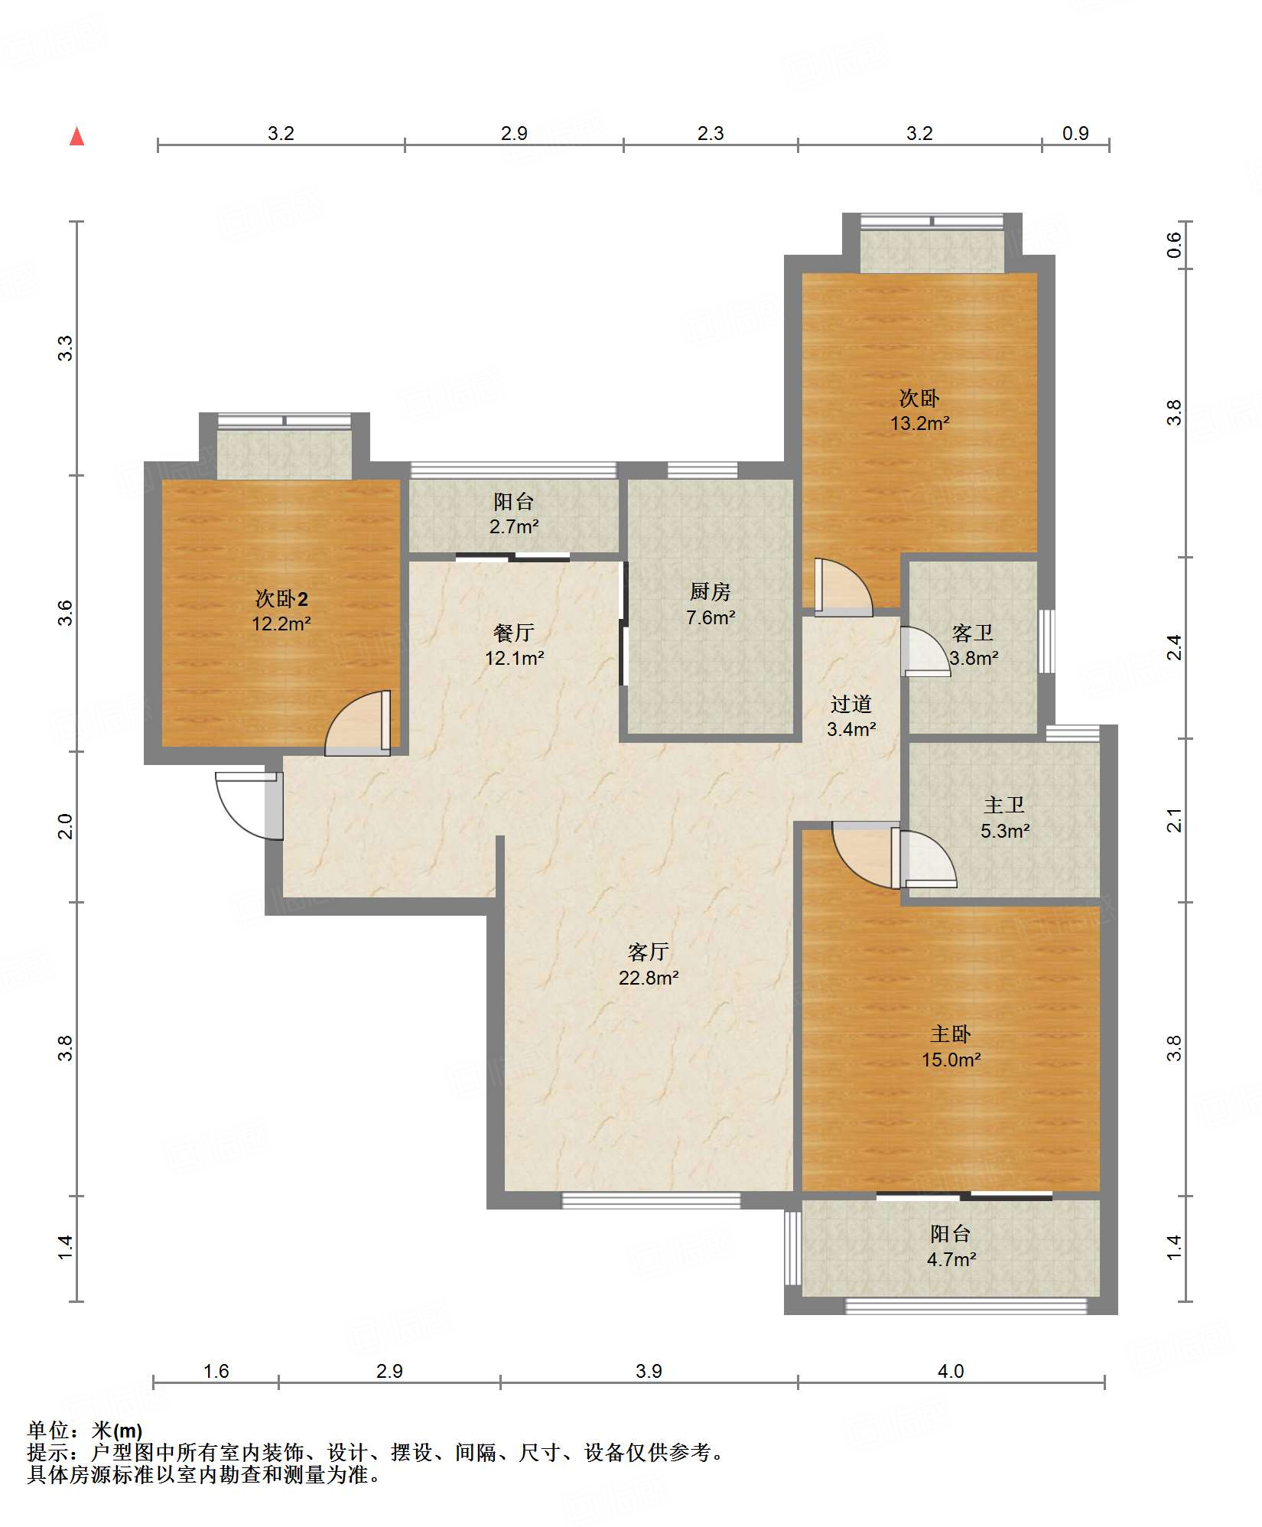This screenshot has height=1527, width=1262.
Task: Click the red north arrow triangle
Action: click(76, 136)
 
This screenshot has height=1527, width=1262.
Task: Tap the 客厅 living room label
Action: click(649, 952)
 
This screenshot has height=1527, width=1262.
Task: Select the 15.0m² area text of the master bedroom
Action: click(951, 1060)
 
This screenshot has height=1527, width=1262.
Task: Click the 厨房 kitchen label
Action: click(710, 591)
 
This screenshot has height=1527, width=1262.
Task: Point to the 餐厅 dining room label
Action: click(513, 633)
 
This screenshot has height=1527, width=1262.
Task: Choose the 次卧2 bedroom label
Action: click(281, 598)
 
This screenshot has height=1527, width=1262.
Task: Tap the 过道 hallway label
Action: click(851, 704)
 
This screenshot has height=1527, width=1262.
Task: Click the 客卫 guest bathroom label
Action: click(973, 633)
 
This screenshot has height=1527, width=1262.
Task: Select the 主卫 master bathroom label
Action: click(1004, 805)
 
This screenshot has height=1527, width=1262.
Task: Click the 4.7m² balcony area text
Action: click(951, 1258)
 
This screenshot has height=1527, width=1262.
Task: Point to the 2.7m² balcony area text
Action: click(514, 526)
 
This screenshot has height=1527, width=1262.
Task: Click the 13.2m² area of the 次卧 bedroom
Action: click(919, 423)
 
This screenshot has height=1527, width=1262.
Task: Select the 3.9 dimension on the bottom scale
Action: click(649, 1370)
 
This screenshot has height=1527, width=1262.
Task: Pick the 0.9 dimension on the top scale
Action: click(1075, 133)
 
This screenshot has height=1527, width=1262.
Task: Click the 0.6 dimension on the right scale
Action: click(1174, 245)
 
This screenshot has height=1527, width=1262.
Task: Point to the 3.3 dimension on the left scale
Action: click(66, 348)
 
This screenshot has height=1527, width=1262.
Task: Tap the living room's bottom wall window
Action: click(652, 1200)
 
